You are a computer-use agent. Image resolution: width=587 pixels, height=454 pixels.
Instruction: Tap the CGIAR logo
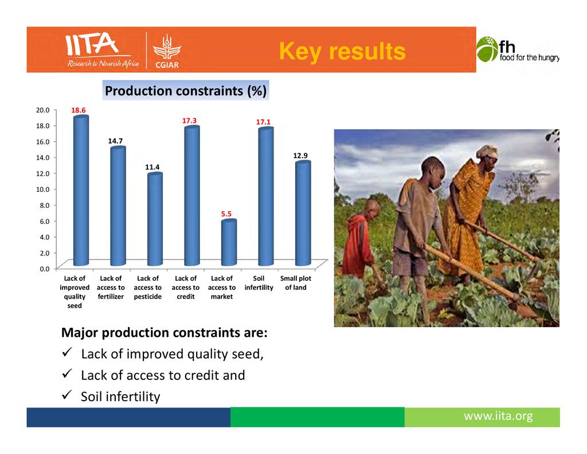(167, 52)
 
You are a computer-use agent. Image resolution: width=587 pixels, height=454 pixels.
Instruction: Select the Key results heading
(342, 51)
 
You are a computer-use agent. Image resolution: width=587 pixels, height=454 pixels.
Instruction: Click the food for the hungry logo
(518, 49)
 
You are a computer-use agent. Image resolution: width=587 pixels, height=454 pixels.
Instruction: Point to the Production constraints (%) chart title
(186, 91)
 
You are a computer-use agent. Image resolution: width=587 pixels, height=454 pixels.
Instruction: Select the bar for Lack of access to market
(229, 242)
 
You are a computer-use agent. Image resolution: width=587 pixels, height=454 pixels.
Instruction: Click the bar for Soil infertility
(266, 196)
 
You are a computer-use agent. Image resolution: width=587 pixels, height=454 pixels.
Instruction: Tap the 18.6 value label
(78, 110)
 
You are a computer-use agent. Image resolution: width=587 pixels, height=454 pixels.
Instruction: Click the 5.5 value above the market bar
(226, 214)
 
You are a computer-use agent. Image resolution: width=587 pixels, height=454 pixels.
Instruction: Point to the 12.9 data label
(300, 156)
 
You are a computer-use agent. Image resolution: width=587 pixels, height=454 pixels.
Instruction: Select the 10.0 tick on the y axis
(42, 189)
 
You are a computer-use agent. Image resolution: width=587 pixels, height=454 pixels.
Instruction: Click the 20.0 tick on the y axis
(42, 110)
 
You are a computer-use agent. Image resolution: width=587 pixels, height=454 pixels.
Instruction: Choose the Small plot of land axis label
(296, 283)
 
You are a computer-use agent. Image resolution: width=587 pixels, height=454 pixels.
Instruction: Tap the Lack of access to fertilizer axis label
(111, 288)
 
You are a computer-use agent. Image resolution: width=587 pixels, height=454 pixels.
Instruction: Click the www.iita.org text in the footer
(498, 416)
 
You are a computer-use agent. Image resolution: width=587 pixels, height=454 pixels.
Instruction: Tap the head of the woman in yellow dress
(487, 157)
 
